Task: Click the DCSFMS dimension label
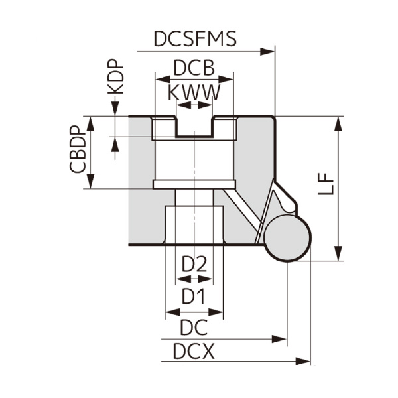click(x=194, y=38)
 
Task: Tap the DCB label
click(x=194, y=68)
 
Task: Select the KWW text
click(x=194, y=92)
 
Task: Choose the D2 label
click(x=194, y=264)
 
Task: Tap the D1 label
click(x=193, y=296)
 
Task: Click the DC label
click(x=194, y=326)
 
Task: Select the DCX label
click(x=194, y=351)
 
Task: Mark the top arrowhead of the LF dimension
click(x=339, y=123)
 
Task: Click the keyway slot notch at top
click(x=194, y=126)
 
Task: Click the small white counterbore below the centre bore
click(x=194, y=226)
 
